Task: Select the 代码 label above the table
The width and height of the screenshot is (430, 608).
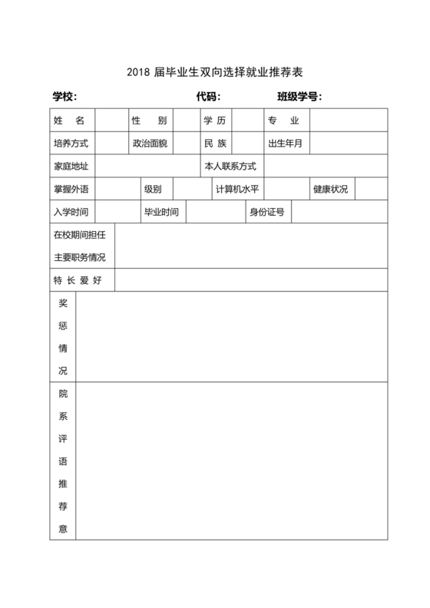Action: (209, 96)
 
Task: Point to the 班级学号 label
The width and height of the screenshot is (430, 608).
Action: (299, 96)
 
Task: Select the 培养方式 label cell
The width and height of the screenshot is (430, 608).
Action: (71, 144)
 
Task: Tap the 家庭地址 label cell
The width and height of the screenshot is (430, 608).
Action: (71, 167)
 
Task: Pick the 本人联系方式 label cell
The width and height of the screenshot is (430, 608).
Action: (230, 167)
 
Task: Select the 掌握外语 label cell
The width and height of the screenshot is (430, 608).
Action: (71, 189)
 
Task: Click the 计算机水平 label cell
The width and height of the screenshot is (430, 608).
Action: (237, 189)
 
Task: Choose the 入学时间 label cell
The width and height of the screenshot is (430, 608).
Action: (71, 212)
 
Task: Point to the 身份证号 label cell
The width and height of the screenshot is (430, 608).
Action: (266, 212)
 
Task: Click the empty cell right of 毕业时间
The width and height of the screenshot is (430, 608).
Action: (214, 212)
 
